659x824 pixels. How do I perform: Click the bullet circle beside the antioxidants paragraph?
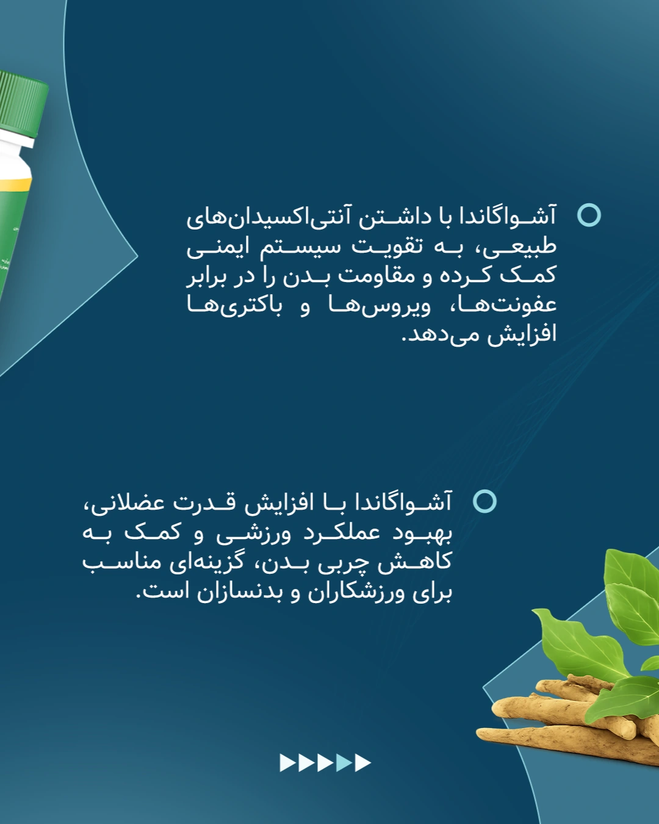tap(589, 215)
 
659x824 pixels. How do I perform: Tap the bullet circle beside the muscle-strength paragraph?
tap(484, 501)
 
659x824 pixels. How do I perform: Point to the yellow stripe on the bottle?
tap(15, 185)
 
